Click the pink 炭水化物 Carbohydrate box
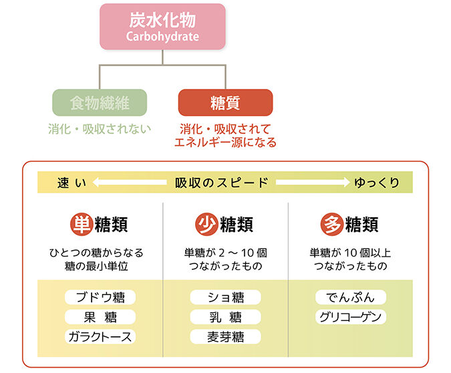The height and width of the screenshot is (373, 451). (163, 26)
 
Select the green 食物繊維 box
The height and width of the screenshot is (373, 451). (100, 104)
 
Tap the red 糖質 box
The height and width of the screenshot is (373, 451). (225, 104)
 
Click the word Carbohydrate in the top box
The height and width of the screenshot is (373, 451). (163, 36)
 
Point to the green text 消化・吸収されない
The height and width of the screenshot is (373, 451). (100, 128)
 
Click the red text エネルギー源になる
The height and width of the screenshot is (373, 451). (225, 142)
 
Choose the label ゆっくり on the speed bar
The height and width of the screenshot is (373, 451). (376, 182)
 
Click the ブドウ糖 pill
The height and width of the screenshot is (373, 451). (100, 297)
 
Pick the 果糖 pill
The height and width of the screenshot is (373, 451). (100, 317)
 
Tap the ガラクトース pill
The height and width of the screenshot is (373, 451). (100, 336)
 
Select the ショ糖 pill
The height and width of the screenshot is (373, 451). (226, 297)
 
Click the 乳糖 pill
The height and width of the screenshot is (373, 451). (226, 317)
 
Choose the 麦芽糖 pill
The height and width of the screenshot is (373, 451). (226, 336)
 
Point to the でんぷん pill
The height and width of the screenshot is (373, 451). (351, 297)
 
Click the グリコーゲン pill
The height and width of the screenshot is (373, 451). (351, 317)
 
